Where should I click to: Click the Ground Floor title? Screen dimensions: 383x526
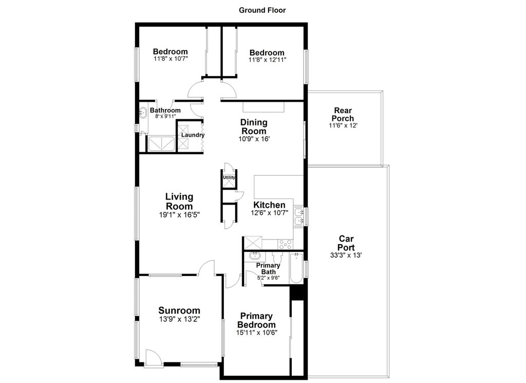point(262,10)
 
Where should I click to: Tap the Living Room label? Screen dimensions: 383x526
point(179,201)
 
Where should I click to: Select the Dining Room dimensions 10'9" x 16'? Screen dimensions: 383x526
point(254,139)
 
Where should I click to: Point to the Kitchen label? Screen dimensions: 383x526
point(269,205)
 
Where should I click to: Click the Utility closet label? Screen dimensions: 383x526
point(229,178)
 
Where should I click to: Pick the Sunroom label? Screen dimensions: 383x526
point(179,311)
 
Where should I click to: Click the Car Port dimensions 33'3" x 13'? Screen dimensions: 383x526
point(346,255)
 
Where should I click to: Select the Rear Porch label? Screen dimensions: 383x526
point(343,114)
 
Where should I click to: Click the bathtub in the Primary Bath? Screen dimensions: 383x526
point(296,268)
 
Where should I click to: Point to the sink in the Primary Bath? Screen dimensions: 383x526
point(253,256)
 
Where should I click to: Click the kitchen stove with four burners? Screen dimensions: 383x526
point(285,245)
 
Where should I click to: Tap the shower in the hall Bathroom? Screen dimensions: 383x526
point(162,143)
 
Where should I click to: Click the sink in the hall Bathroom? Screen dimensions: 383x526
point(143,112)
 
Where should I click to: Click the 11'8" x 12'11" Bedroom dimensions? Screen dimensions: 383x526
point(267,60)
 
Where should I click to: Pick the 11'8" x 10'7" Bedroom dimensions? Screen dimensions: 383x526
point(171,59)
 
